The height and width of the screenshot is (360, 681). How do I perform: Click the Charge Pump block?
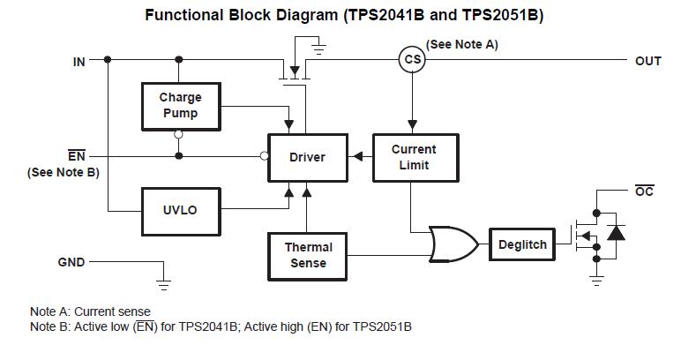(181, 107)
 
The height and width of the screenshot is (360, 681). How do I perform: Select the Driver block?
(308, 157)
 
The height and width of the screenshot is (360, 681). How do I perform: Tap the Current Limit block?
(415, 157)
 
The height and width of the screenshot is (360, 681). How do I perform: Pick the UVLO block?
(181, 212)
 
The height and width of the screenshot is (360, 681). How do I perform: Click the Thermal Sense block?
(308, 256)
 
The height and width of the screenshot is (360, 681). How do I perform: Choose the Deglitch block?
(522, 244)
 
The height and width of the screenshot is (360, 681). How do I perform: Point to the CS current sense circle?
(412, 59)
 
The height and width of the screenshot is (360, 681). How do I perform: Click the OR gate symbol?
(453, 244)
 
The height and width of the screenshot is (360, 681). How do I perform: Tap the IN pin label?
(79, 62)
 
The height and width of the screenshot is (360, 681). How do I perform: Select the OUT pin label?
(648, 61)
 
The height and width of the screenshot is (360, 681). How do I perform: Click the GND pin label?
(71, 262)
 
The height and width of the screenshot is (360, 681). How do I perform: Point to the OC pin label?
(644, 191)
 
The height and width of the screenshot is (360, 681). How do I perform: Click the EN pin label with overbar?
(77, 155)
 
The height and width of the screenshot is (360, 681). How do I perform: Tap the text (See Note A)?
(461, 44)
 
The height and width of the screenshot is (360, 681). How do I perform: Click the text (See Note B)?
(64, 172)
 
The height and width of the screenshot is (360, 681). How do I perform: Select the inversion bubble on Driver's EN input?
(264, 156)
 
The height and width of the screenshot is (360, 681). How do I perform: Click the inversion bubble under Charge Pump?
(178, 135)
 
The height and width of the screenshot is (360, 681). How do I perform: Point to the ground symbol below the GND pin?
(163, 284)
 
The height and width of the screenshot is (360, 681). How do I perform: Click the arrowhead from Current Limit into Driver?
(358, 156)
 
